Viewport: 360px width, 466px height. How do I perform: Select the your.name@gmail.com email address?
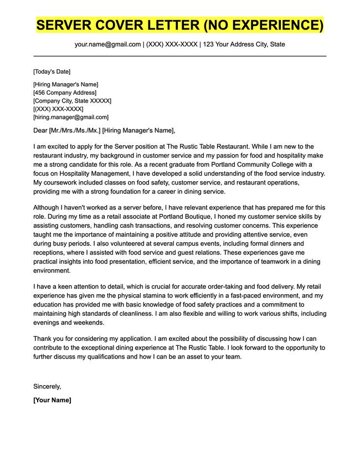click(108, 44)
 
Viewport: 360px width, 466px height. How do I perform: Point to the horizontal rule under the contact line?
click(180, 56)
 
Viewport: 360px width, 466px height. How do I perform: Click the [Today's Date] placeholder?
click(52, 71)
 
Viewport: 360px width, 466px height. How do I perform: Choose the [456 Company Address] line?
click(65, 93)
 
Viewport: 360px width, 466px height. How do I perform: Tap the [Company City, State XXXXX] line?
click(72, 101)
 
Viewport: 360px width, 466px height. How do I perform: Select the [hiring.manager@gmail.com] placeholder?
click(71, 117)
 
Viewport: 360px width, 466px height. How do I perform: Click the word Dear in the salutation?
click(40, 131)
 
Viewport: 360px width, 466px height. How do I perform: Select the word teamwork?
click(263, 261)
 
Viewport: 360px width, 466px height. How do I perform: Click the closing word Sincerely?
click(47, 386)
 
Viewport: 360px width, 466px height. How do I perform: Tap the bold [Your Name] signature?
click(52, 400)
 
